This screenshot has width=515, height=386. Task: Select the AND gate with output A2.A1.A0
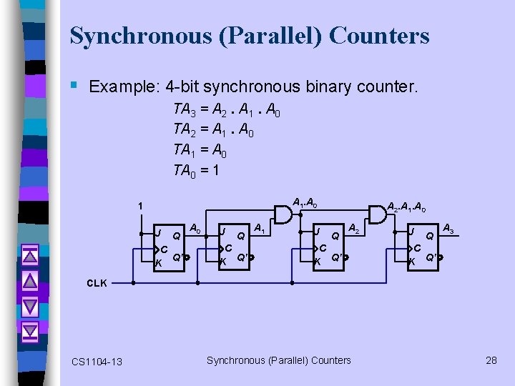coord(376,213)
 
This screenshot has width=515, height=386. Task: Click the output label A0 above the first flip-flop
coord(194,229)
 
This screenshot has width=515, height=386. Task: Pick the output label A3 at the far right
coord(449,229)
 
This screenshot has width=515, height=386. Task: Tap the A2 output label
coord(354,229)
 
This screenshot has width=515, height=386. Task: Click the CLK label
coord(97,283)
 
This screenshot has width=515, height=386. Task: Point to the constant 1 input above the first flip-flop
coord(141,207)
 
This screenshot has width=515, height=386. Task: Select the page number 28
coord(491,360)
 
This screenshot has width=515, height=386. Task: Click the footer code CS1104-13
coord(97,362)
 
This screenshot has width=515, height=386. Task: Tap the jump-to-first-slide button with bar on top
coord(30,254)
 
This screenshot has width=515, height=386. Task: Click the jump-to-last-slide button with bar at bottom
coord(30,332)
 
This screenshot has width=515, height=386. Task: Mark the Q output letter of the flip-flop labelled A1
coord(242,236)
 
